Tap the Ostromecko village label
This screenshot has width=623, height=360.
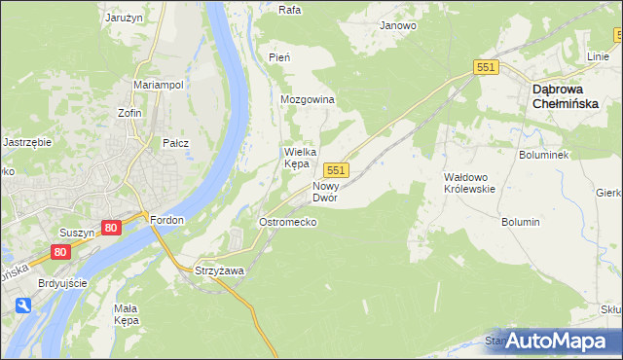coord(287,222)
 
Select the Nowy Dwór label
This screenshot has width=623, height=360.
coord(325,191)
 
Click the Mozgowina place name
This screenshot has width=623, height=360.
coord(308,100)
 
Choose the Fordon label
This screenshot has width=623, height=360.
coord(166,220)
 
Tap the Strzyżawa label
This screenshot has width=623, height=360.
coord(219,270)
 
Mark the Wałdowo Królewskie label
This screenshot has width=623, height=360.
coord(470,183)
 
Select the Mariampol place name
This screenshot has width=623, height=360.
coord(159,85)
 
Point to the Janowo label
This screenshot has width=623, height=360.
coord(398,26)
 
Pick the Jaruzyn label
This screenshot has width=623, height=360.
coord(124,17)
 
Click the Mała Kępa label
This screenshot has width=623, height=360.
coord(128,313)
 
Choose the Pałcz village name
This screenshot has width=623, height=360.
coord(175,143)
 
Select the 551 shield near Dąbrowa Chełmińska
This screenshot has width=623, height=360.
coord(487,66)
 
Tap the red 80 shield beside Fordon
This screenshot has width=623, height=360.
coord(110,228)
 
